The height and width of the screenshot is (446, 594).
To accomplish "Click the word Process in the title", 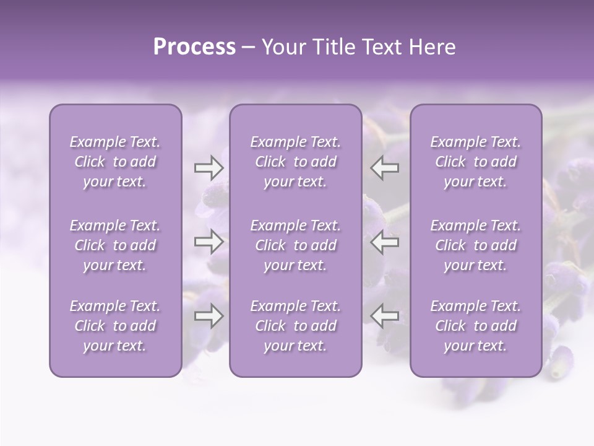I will tap(194, 47).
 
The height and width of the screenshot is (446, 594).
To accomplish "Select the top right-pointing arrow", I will tap(209, 168).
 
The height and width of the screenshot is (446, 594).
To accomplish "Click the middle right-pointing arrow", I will tap(209, 242).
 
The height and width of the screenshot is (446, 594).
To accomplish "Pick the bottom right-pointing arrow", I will tap(209, 316).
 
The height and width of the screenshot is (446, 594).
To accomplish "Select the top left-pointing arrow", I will tap(385, 168).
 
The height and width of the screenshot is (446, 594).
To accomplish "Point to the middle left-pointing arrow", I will tap(385, 242).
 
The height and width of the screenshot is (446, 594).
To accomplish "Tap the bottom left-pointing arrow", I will tap(385, 316).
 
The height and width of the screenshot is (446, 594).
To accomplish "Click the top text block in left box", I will tap(115, 162).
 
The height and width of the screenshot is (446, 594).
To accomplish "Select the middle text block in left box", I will tap(115, 245).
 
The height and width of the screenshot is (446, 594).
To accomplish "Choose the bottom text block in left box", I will tap(115, 326).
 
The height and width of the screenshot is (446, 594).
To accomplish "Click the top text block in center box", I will tap(295, 162).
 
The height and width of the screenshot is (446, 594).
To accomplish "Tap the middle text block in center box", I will tap(295, 245).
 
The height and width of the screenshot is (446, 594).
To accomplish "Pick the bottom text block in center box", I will tap(295, 326).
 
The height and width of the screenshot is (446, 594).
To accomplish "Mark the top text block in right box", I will tap(475, 162).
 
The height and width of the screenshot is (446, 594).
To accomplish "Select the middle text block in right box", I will tap(475, 245).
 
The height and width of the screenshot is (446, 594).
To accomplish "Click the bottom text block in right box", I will tap(475, 326).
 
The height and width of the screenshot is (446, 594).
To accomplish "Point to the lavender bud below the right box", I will tap(561, 361).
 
